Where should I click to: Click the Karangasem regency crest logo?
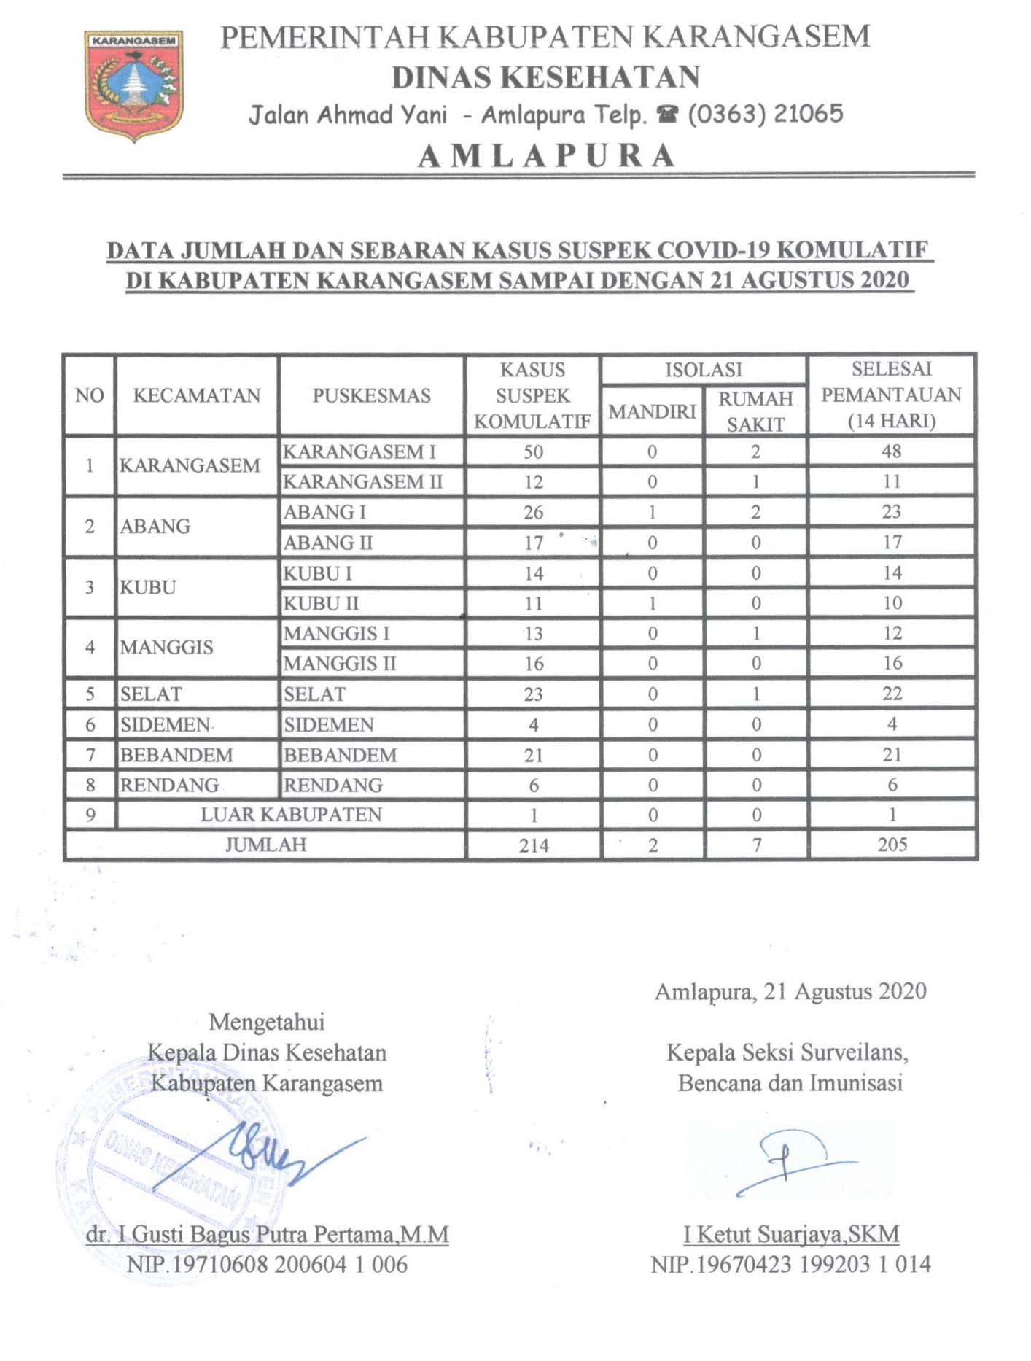coord(133,85)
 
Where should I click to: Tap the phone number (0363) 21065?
coord(765,115)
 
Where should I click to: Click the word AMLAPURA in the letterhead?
coord(547,155)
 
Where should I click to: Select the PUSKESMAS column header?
coord(371,395)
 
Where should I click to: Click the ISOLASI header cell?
coord(703,370)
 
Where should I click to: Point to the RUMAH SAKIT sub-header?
coord(755,411)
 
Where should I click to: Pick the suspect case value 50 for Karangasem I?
coord(533,452)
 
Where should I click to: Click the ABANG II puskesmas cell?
coord(328,543)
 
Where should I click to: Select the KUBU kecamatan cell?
coord(148,587)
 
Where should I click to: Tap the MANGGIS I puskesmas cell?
coord(336,633)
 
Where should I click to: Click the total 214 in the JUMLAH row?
coord(533,845)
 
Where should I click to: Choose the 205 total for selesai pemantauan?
coord(892,845)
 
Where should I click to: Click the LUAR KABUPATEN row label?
coord(291,815)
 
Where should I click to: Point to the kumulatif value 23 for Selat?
coord(533,694)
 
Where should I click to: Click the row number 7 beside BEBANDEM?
coord(90,755)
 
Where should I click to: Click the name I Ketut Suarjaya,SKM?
coord(791,1234)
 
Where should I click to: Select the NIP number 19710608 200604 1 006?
coord(267,1264)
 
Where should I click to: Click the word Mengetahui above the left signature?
coord(266,1022)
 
